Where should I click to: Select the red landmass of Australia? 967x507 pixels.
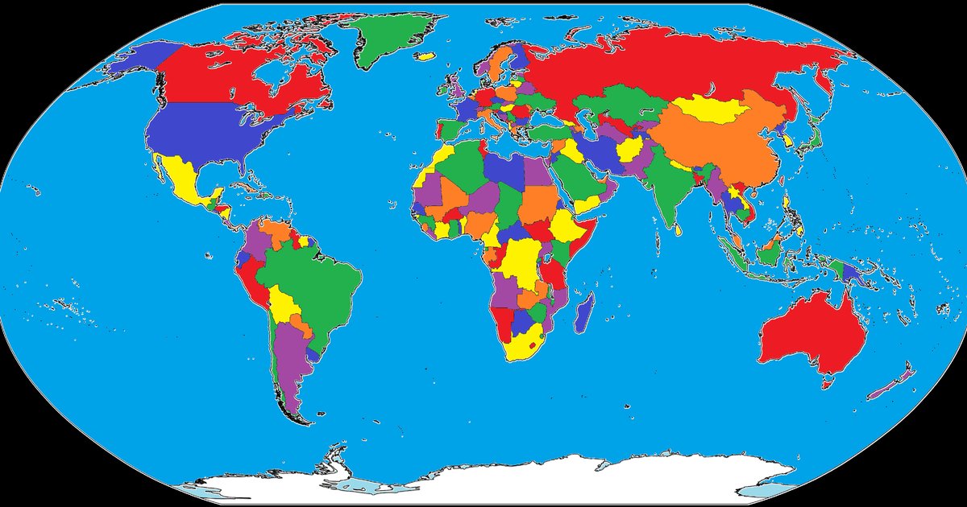click(810, 334)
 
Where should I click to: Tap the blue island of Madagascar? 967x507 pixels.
click(585, 313)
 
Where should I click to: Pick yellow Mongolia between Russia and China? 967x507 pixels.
click(709, 109)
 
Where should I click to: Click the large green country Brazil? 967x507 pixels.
click(310, 278)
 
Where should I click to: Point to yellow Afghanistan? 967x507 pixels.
click(629, 150)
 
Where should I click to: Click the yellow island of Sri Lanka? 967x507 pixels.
click(679, 229)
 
